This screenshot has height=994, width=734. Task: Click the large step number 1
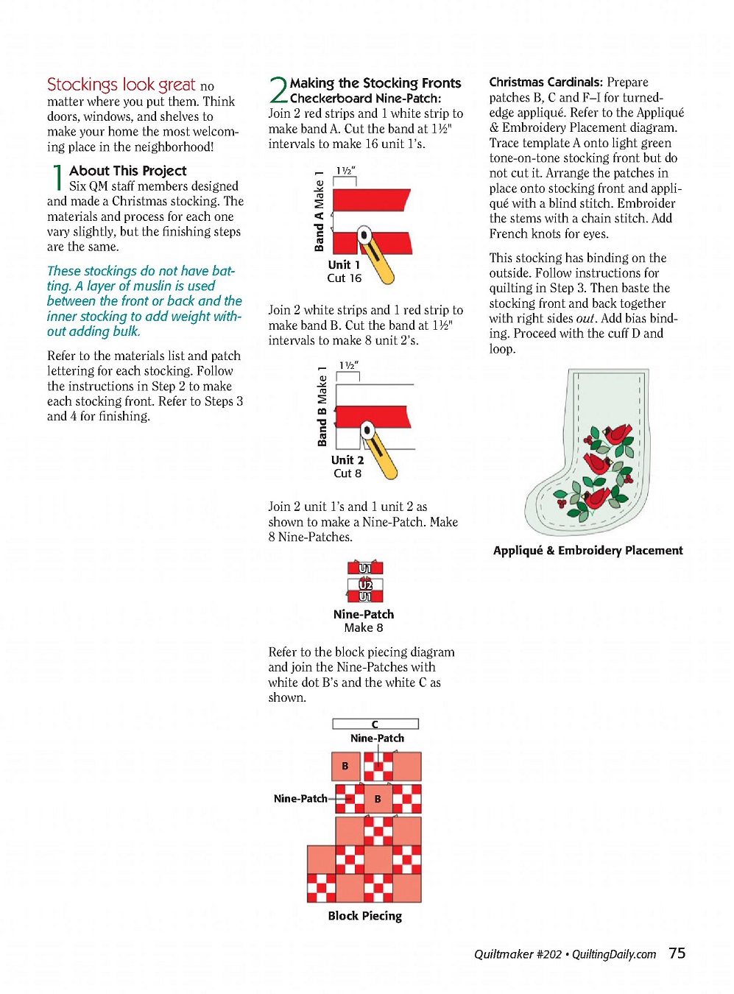coord(57,177)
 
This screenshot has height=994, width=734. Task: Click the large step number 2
coord(278,91)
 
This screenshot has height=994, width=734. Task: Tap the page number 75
coord(677,953)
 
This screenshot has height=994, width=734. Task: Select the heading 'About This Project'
coord(127,171)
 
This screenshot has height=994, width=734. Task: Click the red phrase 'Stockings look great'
coord(121,85)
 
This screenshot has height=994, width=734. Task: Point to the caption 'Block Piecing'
coord(364,916)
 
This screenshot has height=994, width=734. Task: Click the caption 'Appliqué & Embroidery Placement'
coord(587,550)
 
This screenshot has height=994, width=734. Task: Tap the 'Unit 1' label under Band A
coord(344,265)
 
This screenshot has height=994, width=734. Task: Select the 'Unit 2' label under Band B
coord(347,460)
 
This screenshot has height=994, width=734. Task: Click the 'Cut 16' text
coord(344,278)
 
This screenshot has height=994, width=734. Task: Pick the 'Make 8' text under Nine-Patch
coord(364,628)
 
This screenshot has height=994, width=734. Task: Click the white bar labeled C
coord(375,724)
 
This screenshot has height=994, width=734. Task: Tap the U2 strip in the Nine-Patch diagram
coord(365,585)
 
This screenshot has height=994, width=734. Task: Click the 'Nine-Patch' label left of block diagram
coord(300,798)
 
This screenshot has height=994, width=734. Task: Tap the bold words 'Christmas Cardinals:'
coord(546,82)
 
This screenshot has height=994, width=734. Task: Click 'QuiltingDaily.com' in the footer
coord(613,954)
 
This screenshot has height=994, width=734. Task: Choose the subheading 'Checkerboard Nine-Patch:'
coord(365,99)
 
